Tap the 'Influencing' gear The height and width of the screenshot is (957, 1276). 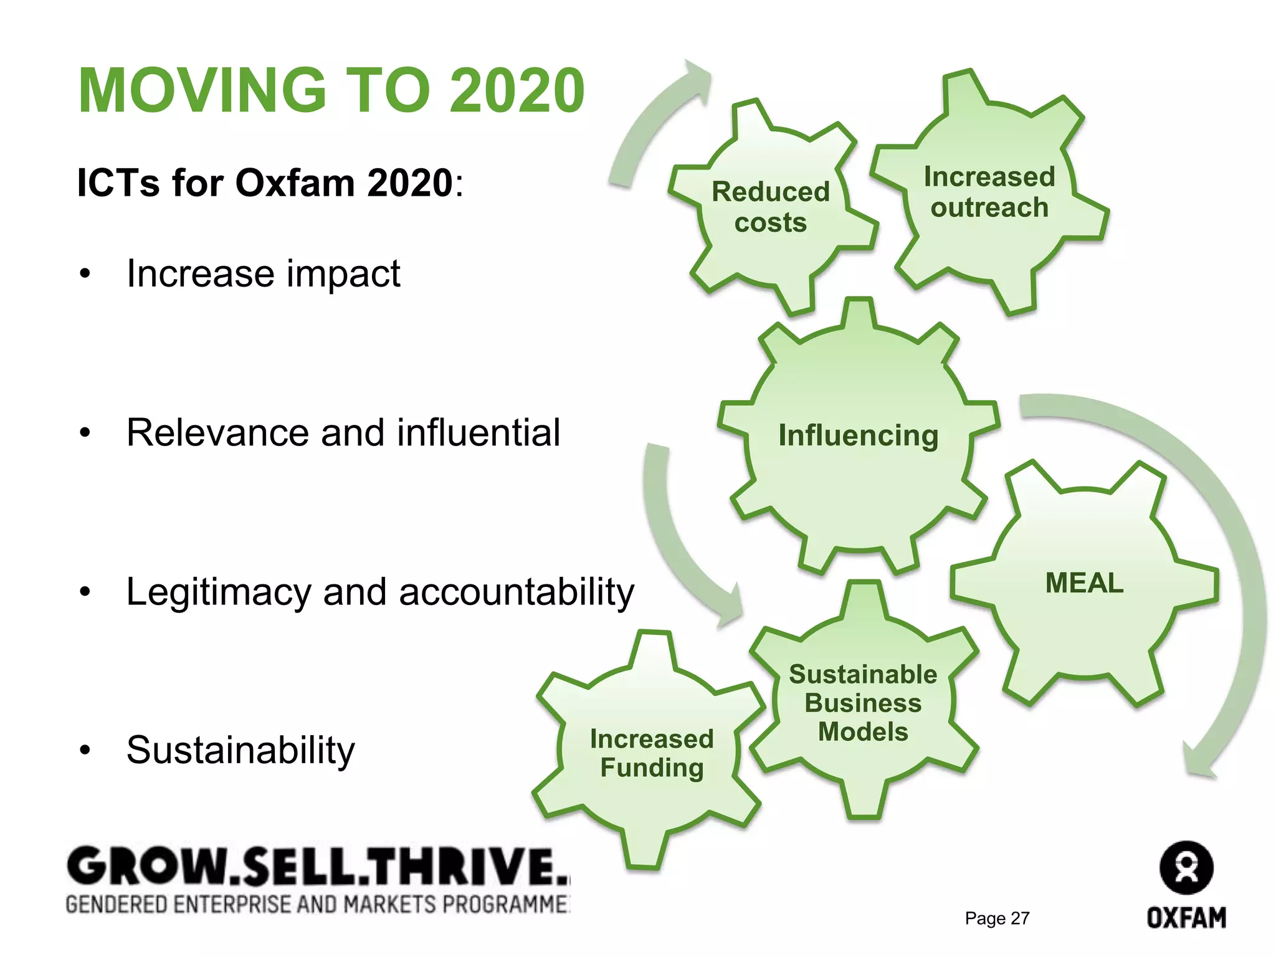tap(859, 436)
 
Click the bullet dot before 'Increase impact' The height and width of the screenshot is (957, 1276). tap(85, 274)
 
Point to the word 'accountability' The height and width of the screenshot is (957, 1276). tap(517, 592)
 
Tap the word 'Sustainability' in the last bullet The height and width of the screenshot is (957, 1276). tap(240, 750)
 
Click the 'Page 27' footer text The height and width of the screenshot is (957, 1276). tap(997, 918)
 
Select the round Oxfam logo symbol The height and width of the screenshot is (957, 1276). tap(1186, 868)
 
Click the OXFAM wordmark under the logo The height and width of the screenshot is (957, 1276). tap(1186, 918)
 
